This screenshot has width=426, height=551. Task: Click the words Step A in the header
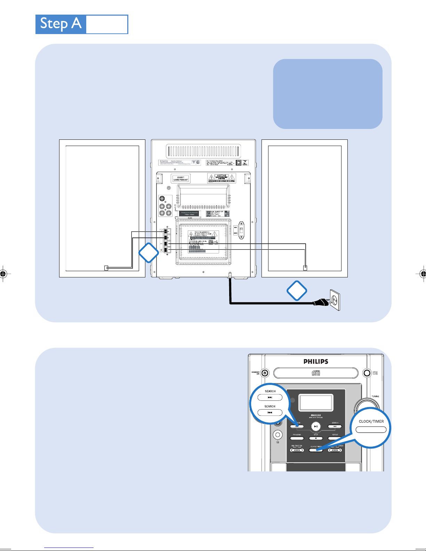[61, 24]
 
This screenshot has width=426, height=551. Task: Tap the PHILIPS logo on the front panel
[316, 362]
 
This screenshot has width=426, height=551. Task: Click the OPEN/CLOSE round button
[367, 373]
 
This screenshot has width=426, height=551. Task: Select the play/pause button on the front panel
[316, 427]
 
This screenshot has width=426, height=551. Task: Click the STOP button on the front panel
[316, 438]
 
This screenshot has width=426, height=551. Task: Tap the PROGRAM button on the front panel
[297, 438]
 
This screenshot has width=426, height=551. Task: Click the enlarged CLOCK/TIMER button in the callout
[371, 430]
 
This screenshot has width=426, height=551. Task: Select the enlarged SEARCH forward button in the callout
[270, 398]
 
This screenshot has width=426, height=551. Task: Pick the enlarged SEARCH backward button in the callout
[270, 413]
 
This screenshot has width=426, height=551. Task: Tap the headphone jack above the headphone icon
[278, 435]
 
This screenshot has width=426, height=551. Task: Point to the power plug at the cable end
[321, 303]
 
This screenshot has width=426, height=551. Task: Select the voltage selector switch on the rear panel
[240, 230]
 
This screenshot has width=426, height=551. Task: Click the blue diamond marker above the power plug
[297, 291]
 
